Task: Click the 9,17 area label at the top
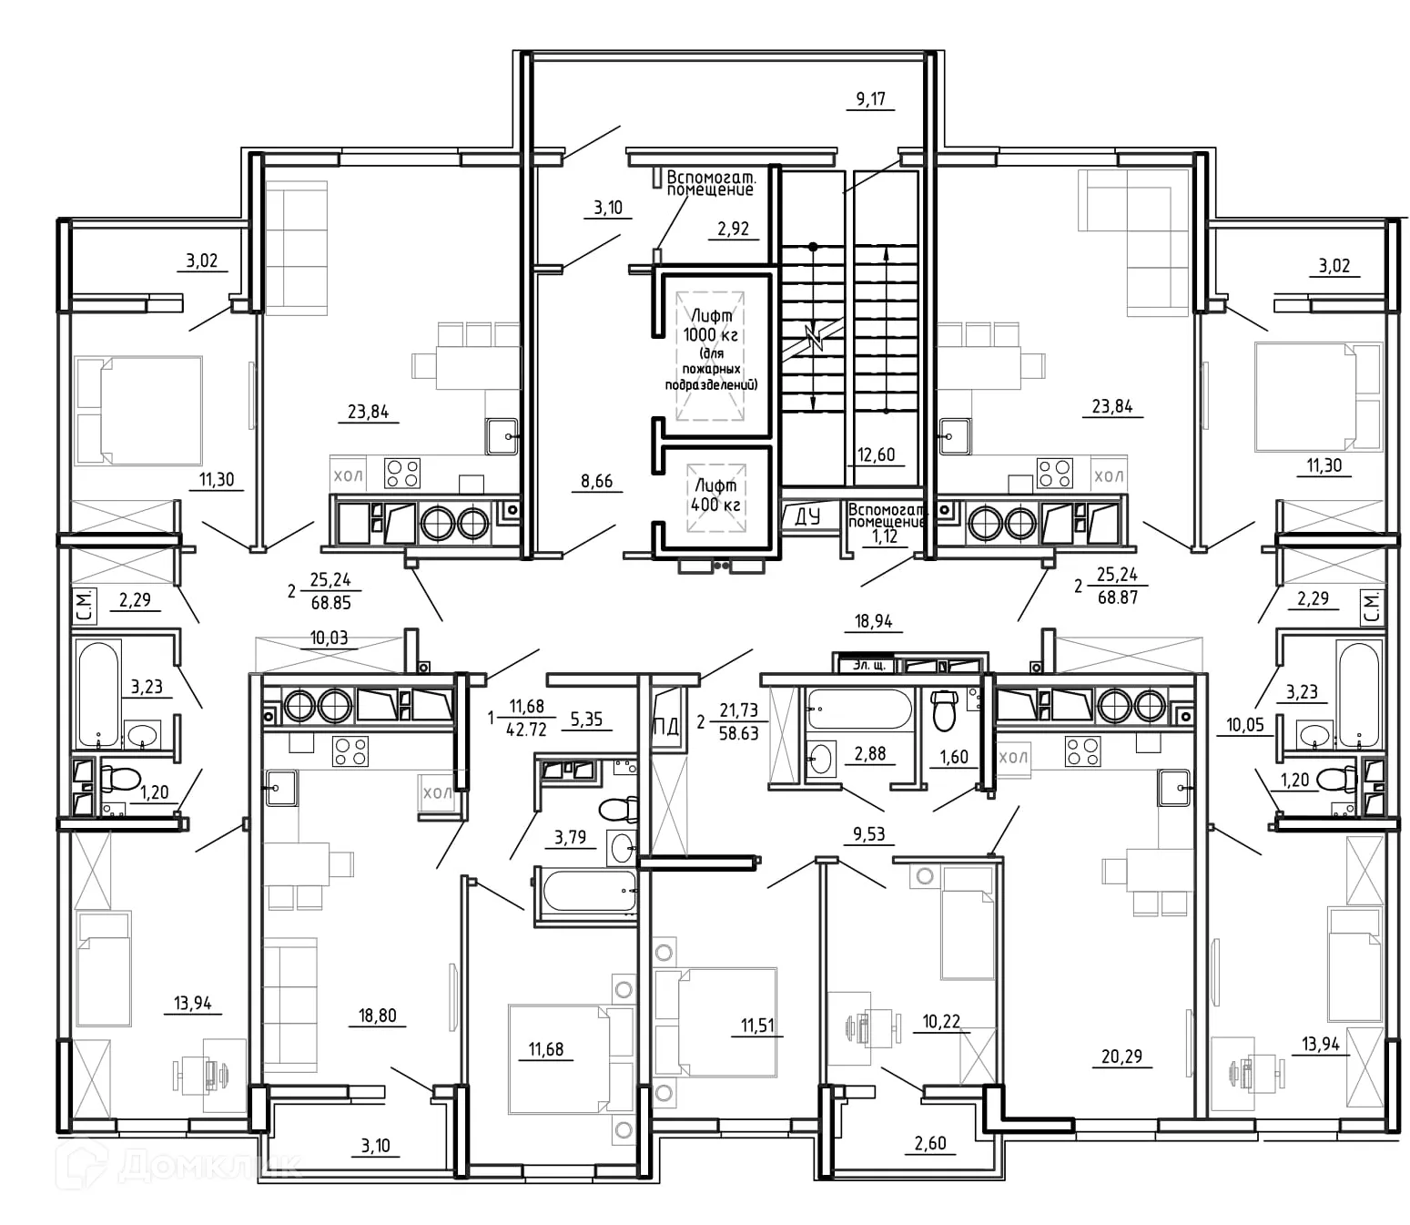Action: click(870, 98)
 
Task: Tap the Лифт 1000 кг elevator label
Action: click(711, 325)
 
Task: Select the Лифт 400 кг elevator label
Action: click(715, 495)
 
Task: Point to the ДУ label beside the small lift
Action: click(806, 516)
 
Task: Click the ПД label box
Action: click(665, 726)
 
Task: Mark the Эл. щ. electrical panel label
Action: click(868, 665)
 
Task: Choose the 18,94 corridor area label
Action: click(873, 621)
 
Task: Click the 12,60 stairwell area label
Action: click(876, 454)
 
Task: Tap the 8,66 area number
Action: click(597, 481)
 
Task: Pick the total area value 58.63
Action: click(738, 732)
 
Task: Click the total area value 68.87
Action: click(1117, 597)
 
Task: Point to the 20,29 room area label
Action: click(1121, 1057)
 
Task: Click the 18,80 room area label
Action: click(377, 1015)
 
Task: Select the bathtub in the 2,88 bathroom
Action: click(858, 709)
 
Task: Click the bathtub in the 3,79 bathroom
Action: click(587, 891)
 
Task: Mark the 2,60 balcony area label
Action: click(930, 1143)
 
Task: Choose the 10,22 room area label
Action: click(941, 1021)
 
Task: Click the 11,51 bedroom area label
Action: click(756, 1026)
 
